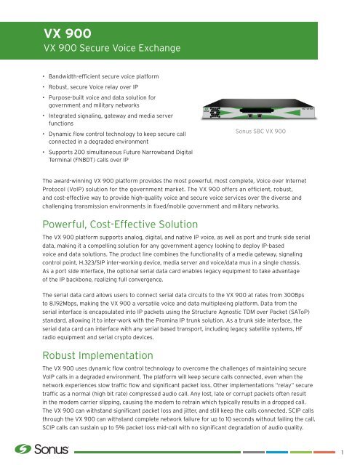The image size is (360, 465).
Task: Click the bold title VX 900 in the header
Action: pyautogui.click(x=64, y=33)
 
